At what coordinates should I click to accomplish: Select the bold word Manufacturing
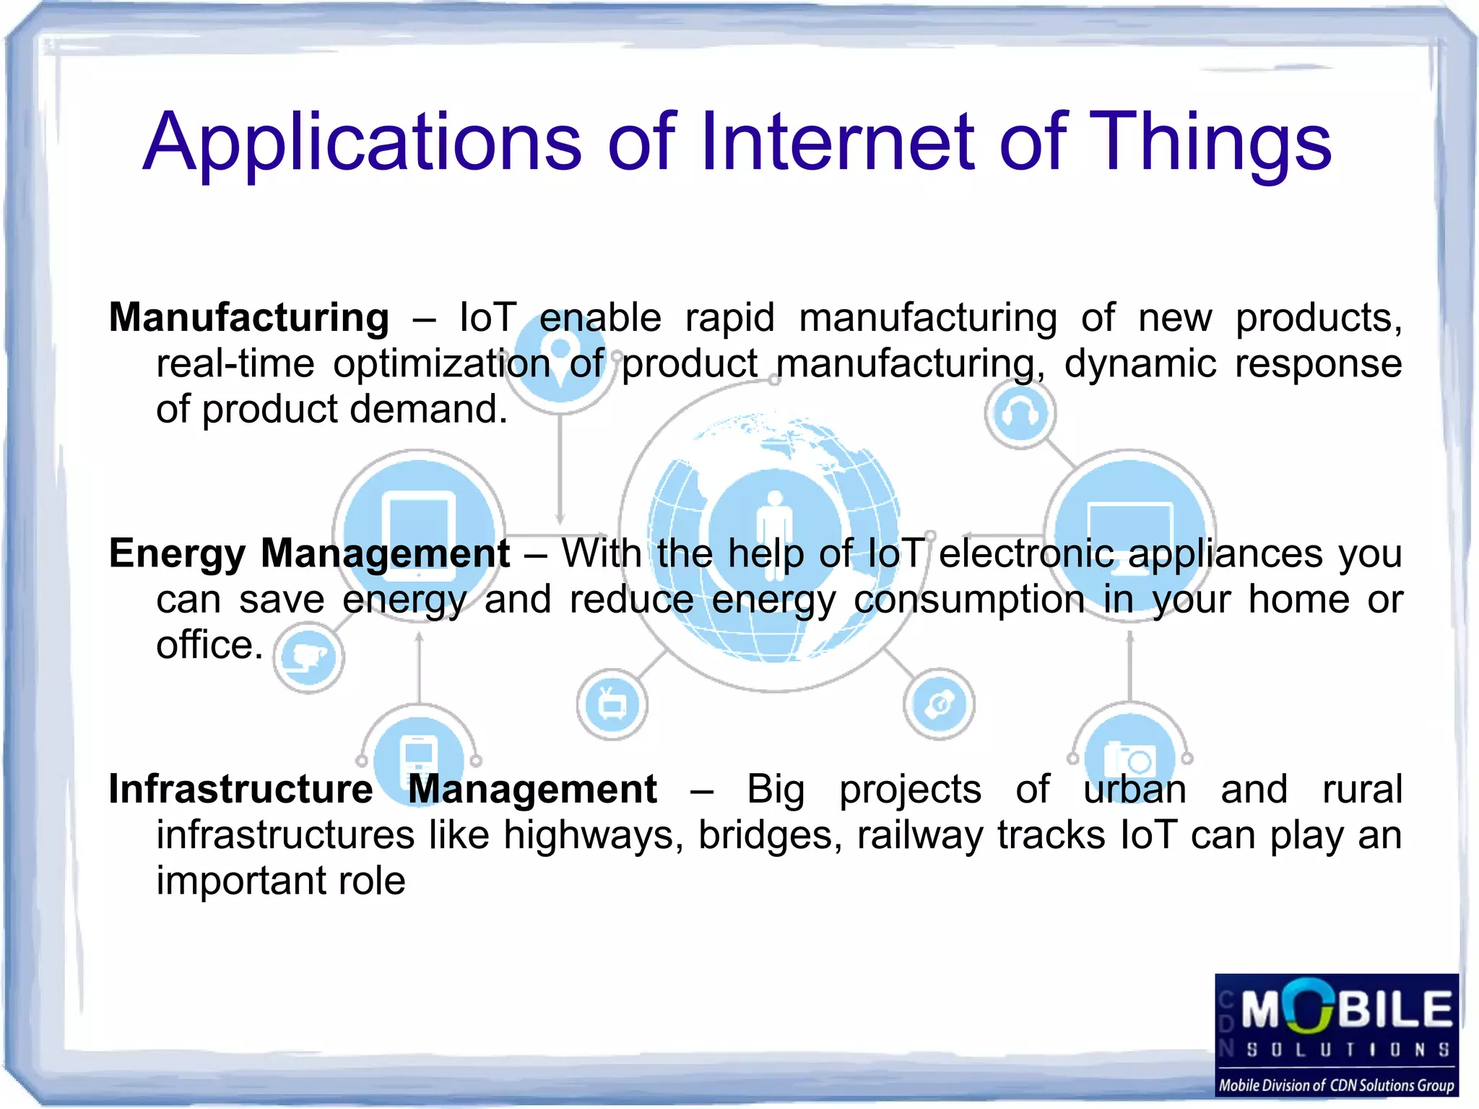249,318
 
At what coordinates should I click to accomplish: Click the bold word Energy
177,554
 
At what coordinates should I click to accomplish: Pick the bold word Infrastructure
240,789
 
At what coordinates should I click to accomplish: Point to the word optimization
441,363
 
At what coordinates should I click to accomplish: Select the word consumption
969,600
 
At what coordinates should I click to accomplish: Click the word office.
209,645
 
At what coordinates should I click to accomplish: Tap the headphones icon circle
1020,414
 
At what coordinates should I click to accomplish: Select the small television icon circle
612,704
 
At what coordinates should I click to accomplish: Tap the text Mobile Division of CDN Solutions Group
1336,1085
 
